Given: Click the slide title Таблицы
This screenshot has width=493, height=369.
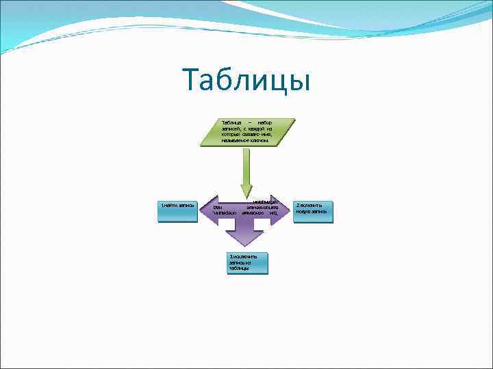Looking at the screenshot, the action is click(246, 81).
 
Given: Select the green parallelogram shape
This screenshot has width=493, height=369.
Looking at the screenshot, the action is click(247, 133).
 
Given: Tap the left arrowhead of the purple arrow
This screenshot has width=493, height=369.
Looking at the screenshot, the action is click(206, 208).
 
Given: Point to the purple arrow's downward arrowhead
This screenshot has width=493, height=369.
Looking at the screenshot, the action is click(246, 239).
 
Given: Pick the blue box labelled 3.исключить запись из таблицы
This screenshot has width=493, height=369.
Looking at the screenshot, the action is click(247, 263).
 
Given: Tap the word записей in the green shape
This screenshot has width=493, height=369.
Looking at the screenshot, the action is click(231, 128).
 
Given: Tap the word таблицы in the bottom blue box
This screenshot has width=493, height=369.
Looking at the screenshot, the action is click(238, 269).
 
